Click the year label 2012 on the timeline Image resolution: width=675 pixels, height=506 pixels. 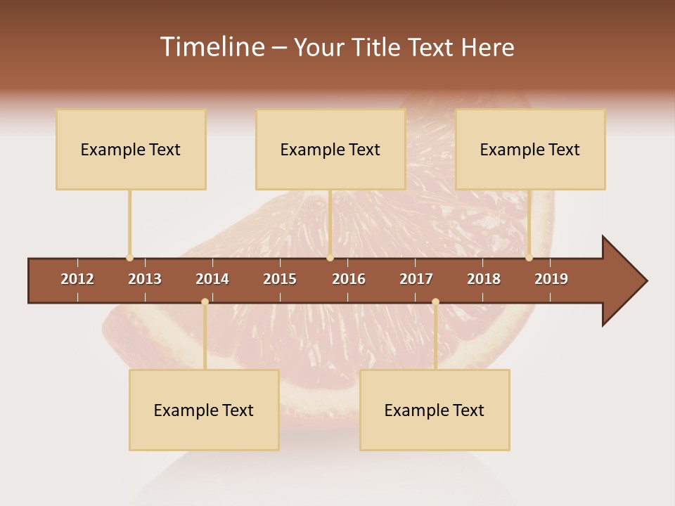(x=77, y=279)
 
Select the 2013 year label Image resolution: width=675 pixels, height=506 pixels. (x=145, y=279)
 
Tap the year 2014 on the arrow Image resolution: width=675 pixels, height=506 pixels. (x=212, y=279)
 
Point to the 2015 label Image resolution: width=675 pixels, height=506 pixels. (x=280, y=279)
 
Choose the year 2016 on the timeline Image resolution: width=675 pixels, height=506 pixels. (x=349, y=279)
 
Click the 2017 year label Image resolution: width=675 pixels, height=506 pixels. (x=416, y=279)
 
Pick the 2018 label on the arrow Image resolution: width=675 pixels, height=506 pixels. (x=484, y=279)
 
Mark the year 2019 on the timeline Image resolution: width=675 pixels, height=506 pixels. (x=551, y=279)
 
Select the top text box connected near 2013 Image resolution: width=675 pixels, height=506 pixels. (x=131, y=149)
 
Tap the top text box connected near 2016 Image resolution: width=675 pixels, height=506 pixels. (x=330, y=149)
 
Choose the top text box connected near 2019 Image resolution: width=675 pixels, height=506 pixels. (x=530, y=149)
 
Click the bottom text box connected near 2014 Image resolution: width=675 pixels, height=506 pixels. (x=204, y=410)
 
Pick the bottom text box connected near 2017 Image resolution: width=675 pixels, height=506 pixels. (x=435, y=410)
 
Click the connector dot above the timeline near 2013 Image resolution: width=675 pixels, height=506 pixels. (x=129, y=258)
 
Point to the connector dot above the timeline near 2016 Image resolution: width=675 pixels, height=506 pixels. (x=330, y=258)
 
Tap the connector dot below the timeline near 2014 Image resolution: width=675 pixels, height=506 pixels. (x=205, y=301)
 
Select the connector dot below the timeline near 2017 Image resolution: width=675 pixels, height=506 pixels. (x=435, y=301)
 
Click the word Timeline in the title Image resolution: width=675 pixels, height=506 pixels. (x=212, y=47)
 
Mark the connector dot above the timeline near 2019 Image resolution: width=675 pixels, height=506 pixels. (x=529, y=258)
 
